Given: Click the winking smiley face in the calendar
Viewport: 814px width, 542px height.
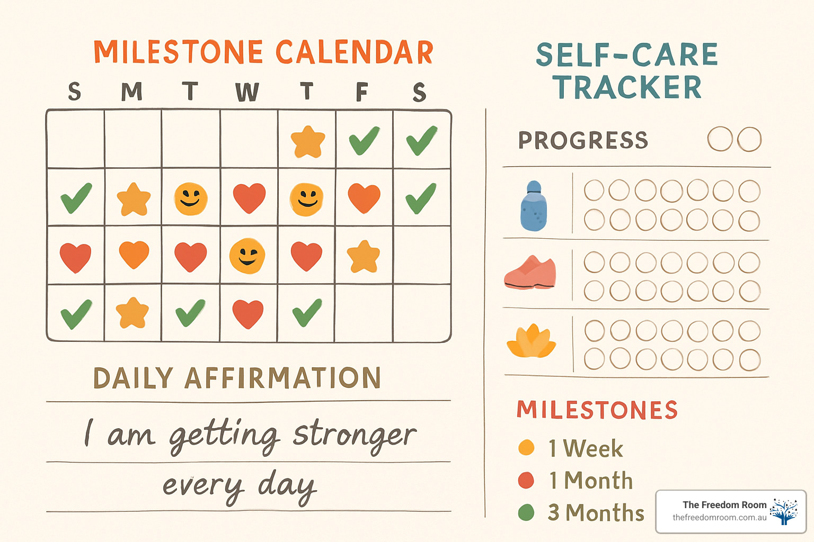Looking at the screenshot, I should coord(247,256).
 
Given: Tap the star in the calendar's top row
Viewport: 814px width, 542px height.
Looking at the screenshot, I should coord(307,141).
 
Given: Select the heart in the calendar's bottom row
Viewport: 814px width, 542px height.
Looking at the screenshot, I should coord(248,313).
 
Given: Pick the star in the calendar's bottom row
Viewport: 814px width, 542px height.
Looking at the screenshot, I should coord(132,313).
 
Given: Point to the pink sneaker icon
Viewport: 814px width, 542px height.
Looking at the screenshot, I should coord(530,274).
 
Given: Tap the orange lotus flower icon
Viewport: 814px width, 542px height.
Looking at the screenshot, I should coord(532,342).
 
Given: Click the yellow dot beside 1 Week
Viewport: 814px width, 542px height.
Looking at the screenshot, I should coord(526,448).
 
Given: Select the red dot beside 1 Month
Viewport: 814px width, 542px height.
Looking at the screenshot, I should coord(526,480).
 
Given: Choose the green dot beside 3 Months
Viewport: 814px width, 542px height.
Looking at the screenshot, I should coord(526,512).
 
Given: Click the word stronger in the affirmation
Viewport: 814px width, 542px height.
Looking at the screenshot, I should coord(355,435).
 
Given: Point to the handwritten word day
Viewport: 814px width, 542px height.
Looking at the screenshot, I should coord(287,486).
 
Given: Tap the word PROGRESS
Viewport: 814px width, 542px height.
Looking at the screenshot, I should coord(583,140).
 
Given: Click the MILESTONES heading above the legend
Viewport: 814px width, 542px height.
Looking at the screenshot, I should coord(597,410).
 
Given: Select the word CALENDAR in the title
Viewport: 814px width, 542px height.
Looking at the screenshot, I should coord(354,52).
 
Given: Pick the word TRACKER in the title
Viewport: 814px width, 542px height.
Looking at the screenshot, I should coord(627,88).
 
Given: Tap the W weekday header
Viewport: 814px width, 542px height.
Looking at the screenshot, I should coord(247,92).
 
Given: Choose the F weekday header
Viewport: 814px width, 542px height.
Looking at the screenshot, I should coord(361,92).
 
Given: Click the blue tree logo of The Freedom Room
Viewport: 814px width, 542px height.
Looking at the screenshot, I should coord(784,511).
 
